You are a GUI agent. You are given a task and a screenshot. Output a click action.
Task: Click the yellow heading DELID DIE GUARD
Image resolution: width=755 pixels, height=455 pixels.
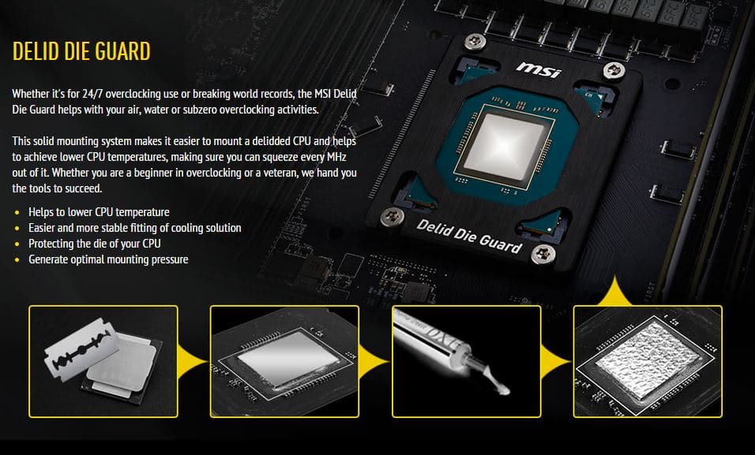81,51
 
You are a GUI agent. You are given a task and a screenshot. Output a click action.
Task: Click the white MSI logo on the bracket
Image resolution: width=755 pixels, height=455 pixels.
539,69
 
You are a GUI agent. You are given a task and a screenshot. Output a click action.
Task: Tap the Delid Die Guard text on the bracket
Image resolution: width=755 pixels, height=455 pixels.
469,236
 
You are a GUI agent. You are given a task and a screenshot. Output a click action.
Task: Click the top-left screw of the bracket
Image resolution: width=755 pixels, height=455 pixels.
475,41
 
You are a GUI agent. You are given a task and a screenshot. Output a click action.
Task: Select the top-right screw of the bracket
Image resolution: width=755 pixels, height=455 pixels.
614,71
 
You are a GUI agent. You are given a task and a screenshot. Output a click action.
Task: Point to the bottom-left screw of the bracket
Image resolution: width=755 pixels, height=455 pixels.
393,217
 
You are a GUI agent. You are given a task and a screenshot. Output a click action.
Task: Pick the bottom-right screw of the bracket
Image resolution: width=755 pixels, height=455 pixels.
543,254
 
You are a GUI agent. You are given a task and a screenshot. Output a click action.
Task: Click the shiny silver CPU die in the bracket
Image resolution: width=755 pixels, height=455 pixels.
504,146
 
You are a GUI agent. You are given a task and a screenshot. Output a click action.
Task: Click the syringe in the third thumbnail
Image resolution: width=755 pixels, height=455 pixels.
451,349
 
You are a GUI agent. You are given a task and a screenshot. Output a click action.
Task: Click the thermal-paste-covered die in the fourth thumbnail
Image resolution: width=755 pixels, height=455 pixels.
647,358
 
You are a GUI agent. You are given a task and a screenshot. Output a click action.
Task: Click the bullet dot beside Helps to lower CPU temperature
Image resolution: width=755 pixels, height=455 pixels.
17,212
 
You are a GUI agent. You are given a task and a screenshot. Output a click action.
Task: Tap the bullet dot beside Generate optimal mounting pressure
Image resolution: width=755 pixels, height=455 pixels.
17,259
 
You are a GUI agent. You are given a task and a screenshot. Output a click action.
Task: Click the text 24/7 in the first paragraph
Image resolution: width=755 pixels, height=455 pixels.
92,94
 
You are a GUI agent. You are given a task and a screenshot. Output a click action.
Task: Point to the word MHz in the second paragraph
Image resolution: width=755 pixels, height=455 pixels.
336,157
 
